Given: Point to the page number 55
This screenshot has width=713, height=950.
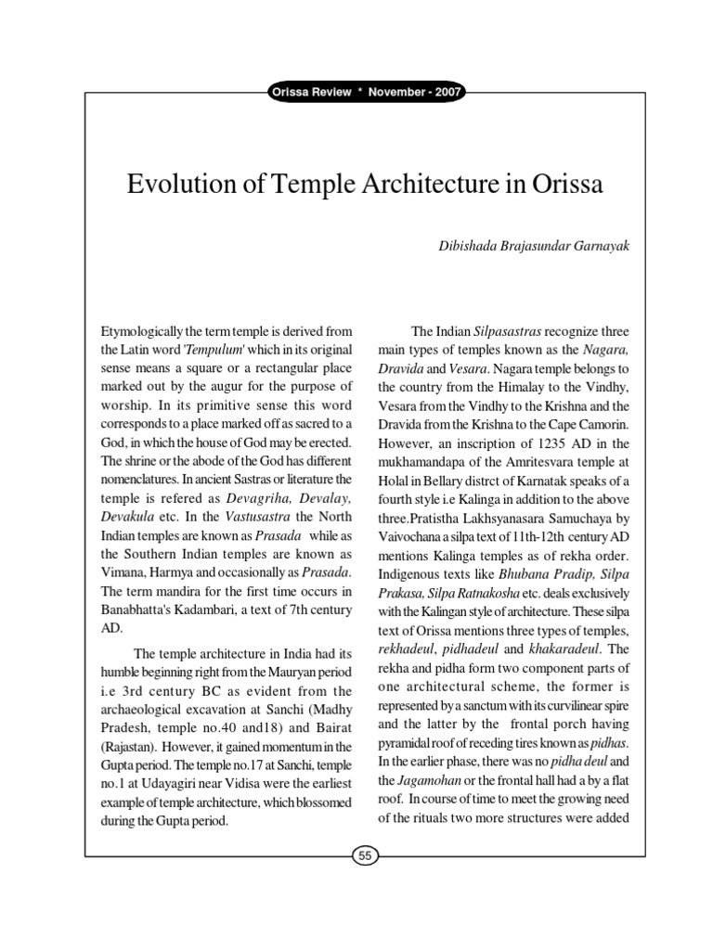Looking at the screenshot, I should click(364, 857).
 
